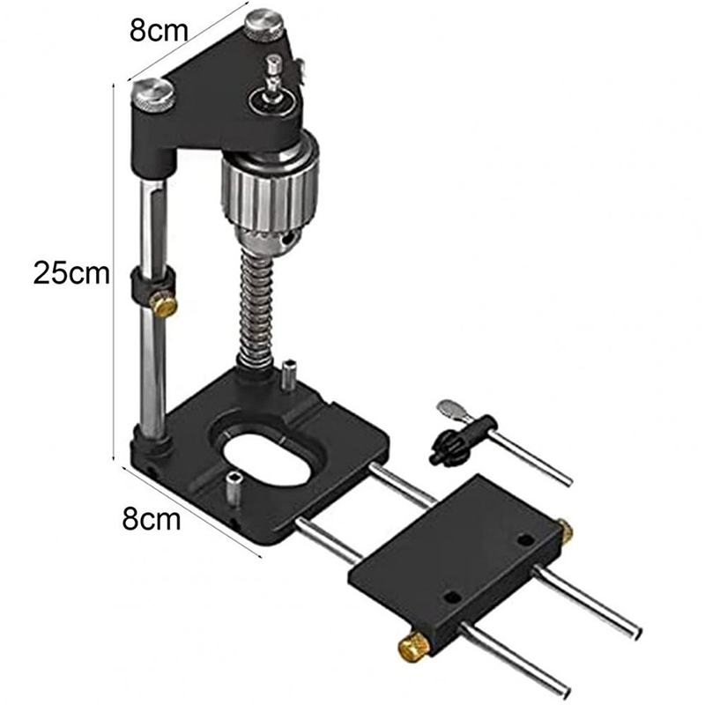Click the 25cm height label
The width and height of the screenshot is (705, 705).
click(x=71, y=273)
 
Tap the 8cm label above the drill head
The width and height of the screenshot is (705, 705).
click(x=159, y=31)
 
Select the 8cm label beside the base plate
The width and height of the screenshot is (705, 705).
click(x=152, y=519)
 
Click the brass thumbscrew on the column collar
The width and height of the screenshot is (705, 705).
click(x=164, y=306)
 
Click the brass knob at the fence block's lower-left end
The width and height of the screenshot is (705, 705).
click(x=413, y=648)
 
